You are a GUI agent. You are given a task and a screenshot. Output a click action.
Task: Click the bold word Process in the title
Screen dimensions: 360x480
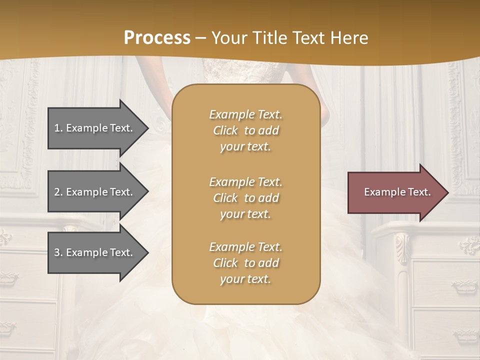click(x=157, y=38)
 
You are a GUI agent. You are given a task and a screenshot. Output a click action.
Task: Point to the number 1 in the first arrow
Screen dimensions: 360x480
click(x=57, y=128)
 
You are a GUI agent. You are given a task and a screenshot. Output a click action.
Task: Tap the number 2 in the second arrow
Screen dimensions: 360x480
click(x=57, y=192)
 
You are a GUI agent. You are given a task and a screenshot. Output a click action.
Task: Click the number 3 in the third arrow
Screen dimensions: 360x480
click(x=57, y=252)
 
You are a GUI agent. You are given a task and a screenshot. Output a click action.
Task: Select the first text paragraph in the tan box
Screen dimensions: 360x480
click(x=245, y=130)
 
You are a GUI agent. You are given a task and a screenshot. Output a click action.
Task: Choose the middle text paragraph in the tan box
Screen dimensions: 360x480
click(x=245, y=198)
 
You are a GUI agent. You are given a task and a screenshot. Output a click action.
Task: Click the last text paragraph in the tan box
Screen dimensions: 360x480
click(x=245, y=263)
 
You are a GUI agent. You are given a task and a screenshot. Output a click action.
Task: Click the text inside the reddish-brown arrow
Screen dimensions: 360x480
click(x=397, y=192)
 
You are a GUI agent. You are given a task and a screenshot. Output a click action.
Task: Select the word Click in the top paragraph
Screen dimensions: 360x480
click(x=225, y=130)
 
